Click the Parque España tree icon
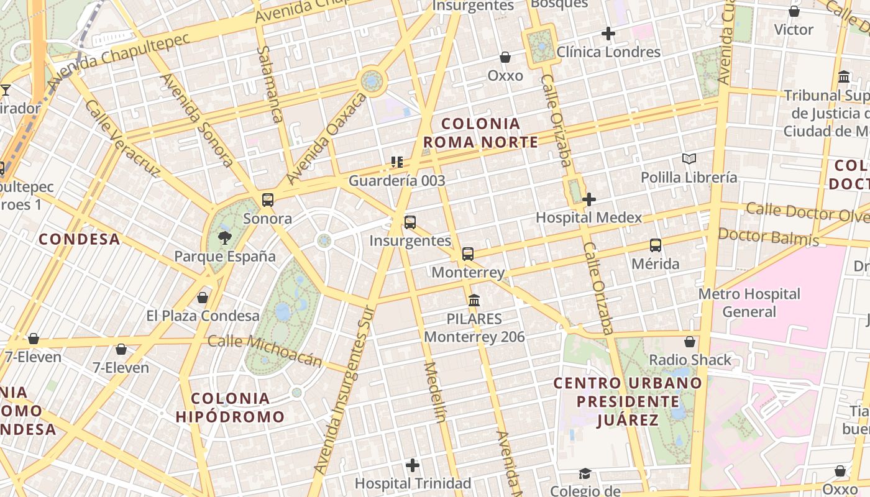pos(224,237)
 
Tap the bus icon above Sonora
pos(268,199)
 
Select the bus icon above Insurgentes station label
pos(410,222)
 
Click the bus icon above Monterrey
pos(468,253)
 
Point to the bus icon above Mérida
pos(656,245)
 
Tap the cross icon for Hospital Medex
pos(589,199)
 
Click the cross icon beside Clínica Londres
pos(608,34)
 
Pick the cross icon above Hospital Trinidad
pos(413,465)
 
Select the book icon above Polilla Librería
pos(689,158)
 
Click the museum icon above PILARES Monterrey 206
pos(474,301)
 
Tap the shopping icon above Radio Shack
pos(690,341)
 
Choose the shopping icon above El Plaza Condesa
pos(203,297)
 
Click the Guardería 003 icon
pos(397,162)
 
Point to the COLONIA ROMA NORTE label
pos(480,133)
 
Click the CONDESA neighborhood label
pos(79,239)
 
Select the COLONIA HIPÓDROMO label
pos(230,408)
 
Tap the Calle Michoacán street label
pos(265,350)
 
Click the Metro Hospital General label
pos(749,302)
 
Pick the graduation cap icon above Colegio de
pos(585,474)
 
